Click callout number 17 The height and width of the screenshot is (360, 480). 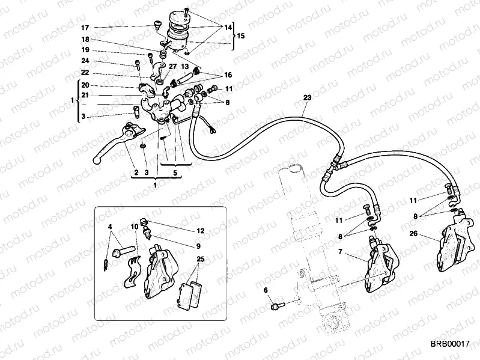85,28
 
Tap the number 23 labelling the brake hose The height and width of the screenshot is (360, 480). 307,97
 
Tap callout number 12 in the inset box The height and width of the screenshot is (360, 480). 200,231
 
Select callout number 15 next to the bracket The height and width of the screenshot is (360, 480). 241,36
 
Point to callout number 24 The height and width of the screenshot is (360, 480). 85,61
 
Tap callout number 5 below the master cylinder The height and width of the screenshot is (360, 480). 175,172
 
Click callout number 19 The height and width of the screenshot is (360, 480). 85,50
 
